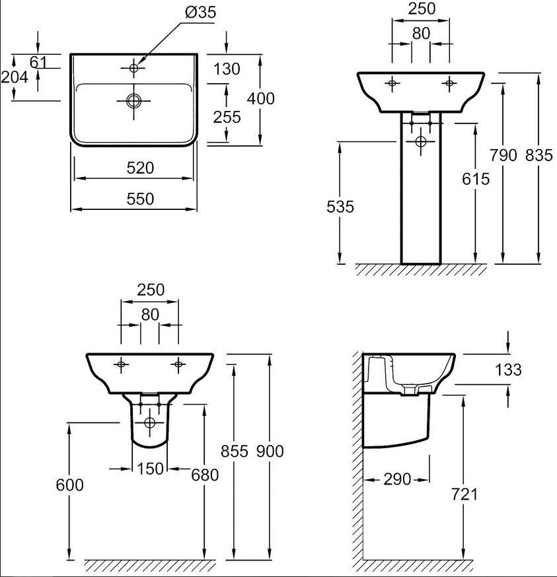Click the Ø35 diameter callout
200,13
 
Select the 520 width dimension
140,168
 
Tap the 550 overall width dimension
140,199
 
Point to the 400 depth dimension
260,98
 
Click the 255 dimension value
227,117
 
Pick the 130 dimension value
227,69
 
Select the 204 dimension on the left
15,77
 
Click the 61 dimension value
38,63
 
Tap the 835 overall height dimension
539,155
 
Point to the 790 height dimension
503,155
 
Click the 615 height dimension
476,179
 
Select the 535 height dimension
340,207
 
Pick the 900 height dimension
270,451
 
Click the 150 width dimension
150,469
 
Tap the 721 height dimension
464,494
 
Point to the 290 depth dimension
397,479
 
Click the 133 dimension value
508,370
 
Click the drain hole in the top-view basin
133,100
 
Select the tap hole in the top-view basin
133,68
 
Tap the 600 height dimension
69,485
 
